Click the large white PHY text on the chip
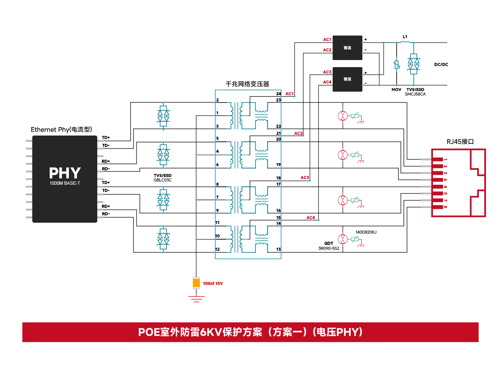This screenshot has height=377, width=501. (x=65, y=173)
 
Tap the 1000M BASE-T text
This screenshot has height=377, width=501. (x=65, y=183)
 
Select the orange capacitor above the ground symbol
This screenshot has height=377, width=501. (x=196, y=283)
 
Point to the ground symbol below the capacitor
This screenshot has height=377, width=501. (x=196, y=298)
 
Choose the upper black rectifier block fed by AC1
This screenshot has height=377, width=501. (x=347, y=48)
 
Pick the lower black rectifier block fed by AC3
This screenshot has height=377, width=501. (x=347, y=79)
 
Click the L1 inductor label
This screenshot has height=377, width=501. (x=405, y=37)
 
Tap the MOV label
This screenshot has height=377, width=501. (x=396, y=90)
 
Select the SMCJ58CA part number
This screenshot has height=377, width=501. (x=415, y=94)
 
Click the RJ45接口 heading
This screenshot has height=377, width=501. (x=460, y=141)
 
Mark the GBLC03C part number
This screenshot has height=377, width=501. (x=163, y=180)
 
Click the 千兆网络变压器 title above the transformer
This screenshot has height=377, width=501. (x=247, y=84)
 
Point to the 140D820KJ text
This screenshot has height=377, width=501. (x=366, y=232)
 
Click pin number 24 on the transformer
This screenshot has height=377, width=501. (x=278, y=94)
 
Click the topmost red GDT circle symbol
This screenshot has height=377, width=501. (x=342, y=116)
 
